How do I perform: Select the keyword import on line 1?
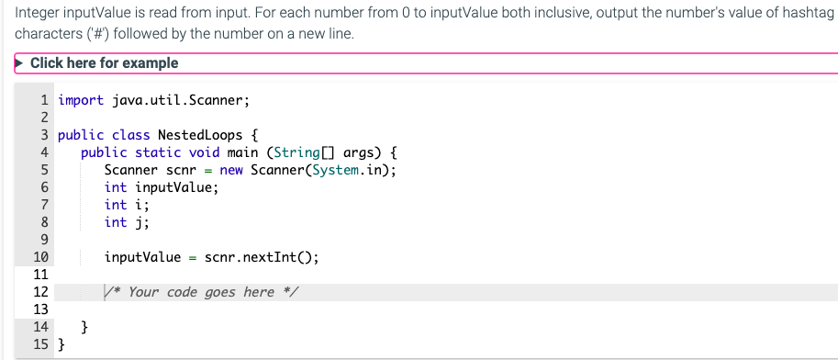click(81, 100)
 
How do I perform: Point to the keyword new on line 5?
click(231, 170)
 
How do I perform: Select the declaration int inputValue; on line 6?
click(161, 187)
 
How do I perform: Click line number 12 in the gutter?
click(40, 292)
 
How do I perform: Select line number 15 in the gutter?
click(40, 344)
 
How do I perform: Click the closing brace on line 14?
click(85, 327)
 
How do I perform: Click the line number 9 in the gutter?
click(43, 240)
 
